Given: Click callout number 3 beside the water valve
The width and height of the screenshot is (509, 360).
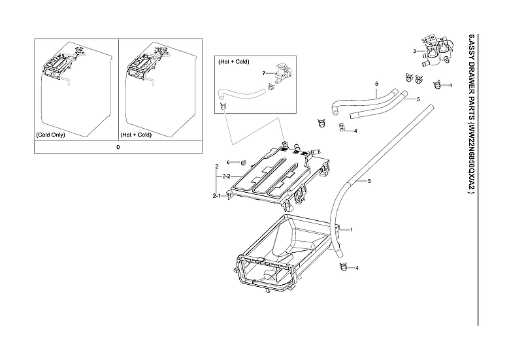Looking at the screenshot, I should point(414,50).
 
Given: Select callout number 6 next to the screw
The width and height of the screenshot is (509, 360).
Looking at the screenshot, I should point(229,162).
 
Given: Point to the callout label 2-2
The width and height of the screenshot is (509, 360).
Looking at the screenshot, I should point(225,176).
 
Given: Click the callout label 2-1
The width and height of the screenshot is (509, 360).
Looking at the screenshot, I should point(216,195).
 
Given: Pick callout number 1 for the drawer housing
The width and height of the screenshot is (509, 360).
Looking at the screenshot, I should point(352,230).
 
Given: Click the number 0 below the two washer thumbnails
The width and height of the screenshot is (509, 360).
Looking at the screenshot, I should point(118,147).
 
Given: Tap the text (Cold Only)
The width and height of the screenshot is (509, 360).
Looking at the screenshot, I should point(50,135).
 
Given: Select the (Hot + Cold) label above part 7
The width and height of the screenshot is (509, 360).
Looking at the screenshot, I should point(233,61).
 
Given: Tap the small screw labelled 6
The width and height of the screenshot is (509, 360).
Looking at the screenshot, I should point(242,161).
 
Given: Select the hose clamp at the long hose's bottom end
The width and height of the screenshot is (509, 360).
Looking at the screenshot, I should point(342,266).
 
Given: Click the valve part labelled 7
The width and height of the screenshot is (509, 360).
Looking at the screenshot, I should point(283,71).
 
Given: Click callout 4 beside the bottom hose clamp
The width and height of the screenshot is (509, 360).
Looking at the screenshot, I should point(357,268).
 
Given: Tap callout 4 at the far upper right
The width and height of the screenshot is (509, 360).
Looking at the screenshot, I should point(450,86).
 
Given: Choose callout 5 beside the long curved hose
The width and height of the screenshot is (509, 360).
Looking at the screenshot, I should point(369,180).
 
